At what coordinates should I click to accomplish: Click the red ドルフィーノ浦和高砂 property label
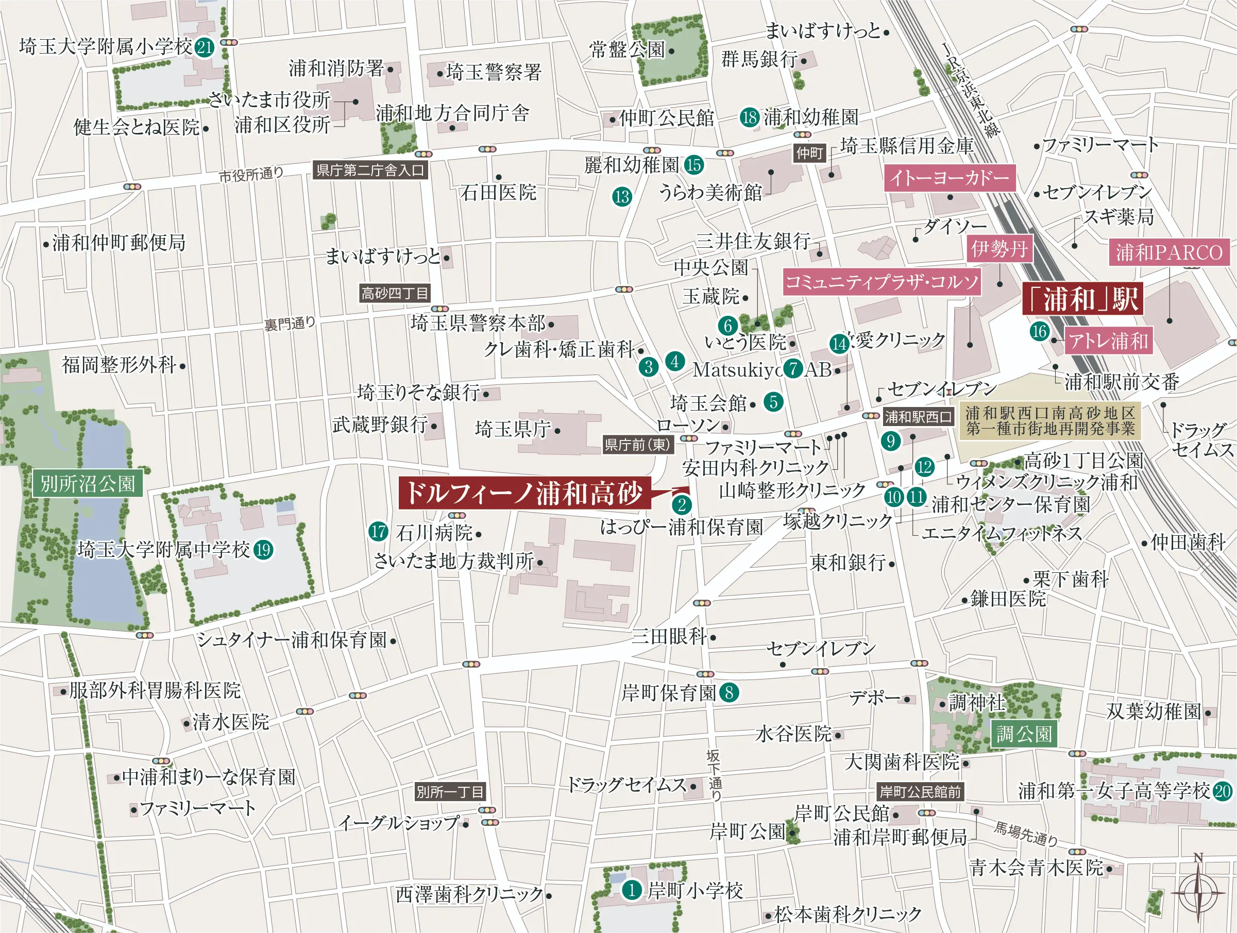click(524, 493)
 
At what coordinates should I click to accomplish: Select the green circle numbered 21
click(205, 47)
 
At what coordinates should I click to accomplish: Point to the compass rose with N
click(1197, 893)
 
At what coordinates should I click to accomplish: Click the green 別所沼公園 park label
click(88, 483)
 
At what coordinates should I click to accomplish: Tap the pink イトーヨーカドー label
click(949, 178)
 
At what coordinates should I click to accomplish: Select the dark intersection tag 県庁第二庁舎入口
click(370, 170)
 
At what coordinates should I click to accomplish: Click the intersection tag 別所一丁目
click(450, 791)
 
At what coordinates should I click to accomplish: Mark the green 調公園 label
click(1024, 734)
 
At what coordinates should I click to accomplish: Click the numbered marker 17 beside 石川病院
click(379, 531)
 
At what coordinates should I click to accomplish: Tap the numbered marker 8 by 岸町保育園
click(728, 692)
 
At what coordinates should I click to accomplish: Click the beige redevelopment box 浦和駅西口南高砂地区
click(1049, 420)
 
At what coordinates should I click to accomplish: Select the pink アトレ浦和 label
click(1108, 341)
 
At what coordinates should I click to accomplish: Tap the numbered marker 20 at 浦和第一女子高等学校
click(1223, 790)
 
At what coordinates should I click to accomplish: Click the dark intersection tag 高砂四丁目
click(395, 293)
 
